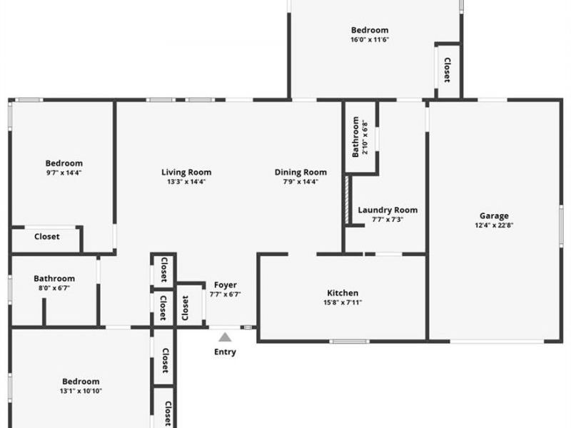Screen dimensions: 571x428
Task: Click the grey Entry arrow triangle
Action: [x=225, y=337]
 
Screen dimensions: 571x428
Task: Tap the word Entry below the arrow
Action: [x=225, y=352]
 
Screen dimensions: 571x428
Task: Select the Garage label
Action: [x=494, y=216]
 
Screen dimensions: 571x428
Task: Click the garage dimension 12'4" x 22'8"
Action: [x=494, y=225]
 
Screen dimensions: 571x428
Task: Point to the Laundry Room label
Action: [x=388, y=210]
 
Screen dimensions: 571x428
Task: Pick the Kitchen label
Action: [x=343, y=293]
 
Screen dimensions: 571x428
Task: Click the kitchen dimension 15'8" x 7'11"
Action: [x=343, y=302]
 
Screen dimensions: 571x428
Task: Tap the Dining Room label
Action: [x=300, y=172]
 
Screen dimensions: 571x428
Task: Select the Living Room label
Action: [x=186, y=172]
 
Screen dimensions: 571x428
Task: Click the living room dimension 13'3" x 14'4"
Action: [x=186, y=182]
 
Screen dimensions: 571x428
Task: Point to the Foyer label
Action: [x=226, y=285]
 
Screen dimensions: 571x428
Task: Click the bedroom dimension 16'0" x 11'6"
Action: [x=370, y=39]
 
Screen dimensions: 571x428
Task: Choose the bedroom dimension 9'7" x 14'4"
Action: [x=64, y=173]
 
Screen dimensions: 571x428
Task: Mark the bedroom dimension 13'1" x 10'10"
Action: [x=81, y=391]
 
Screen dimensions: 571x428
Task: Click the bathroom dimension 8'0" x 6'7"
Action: [x=54, y=288]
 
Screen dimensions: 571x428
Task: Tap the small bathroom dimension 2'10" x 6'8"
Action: [x=365, y=138]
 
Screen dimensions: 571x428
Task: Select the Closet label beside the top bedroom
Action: [x=448, y=70]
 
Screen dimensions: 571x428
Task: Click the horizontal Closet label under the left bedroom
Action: [x=47, y=237]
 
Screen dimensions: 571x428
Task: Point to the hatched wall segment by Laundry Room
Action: [x=347, y=200]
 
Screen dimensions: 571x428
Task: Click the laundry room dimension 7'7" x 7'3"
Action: [x=388, y=220]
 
